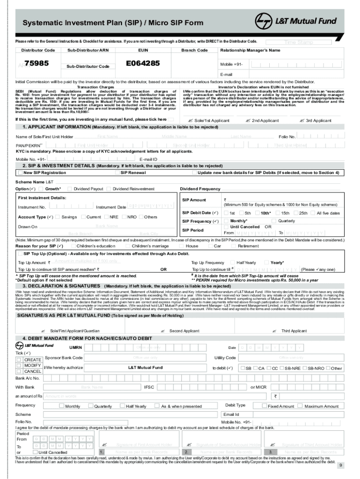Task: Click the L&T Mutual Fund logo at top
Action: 296,22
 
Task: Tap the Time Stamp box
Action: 299,42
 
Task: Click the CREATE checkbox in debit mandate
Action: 19,359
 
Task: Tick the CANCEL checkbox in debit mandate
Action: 19,371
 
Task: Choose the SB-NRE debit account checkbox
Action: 282,368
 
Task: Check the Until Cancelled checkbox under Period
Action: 36,452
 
